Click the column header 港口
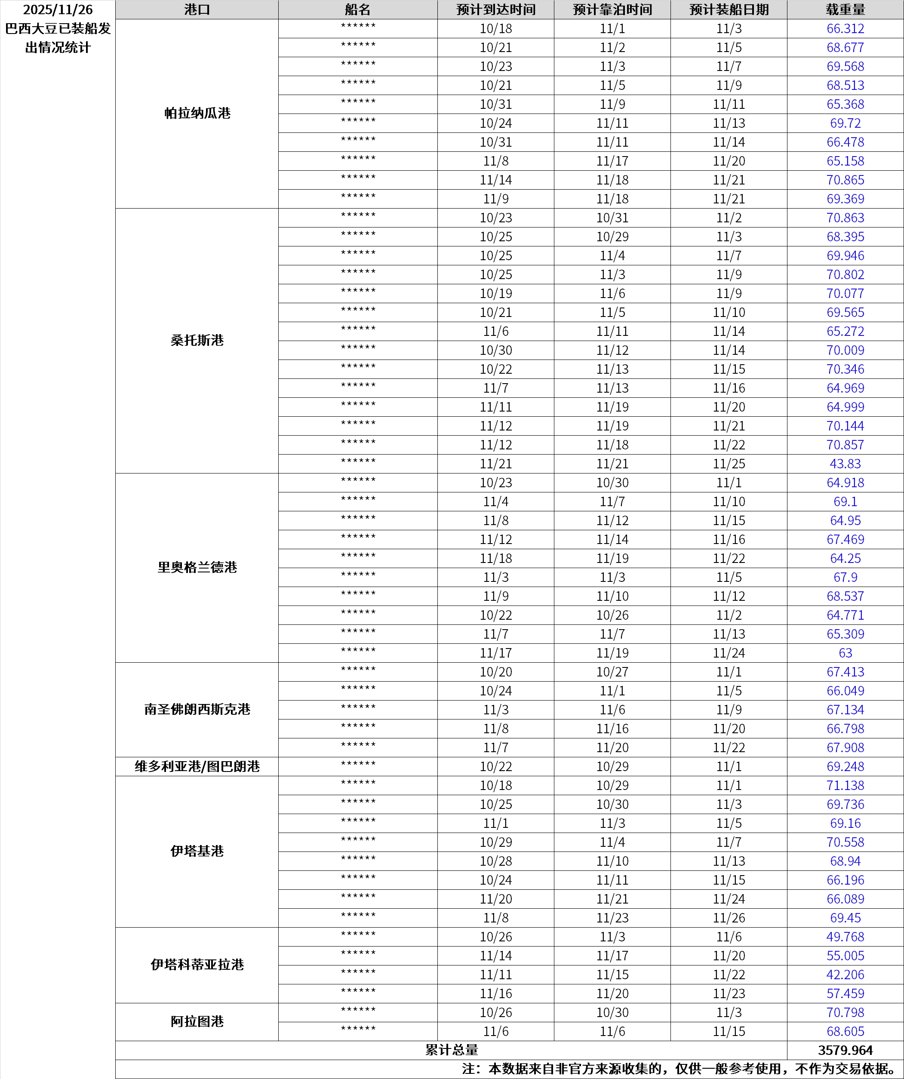pos(197,10)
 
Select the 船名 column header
pos(358,10)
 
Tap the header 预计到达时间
pos(495,10)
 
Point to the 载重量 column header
pos(845,10)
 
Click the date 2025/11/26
pos(58,10)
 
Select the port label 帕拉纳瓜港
pos(197,114)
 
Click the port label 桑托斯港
pos(197,340)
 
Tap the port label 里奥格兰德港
pos(197,567)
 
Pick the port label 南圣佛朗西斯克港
pos(197,710)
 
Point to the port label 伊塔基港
pos(197,852)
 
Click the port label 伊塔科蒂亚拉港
pos(197,965)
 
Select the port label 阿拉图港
pos(197,1021)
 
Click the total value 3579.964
pos(845,1050)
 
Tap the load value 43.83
pos(845,464)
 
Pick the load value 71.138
pos(845,786)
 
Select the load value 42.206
pos(845,974)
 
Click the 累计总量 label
pos(451,1050)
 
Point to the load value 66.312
pos(845,29)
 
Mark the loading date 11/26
pos(729,918)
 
